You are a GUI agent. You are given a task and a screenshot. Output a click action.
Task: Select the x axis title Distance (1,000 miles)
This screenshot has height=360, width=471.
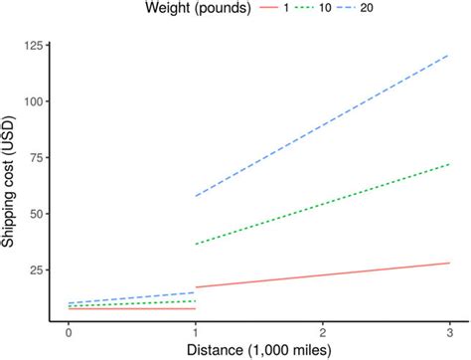(x=258, y=349)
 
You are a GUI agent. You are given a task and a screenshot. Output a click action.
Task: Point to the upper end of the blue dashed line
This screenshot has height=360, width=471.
(x=450, y=56)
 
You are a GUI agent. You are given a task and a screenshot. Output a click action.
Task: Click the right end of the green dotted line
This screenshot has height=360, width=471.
(x=450, y=164)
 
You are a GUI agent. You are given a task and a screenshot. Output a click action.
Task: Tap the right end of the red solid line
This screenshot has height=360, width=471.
(x=450, y=263)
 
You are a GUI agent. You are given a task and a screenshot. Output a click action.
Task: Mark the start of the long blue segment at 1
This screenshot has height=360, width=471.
(x=196, y=196)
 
